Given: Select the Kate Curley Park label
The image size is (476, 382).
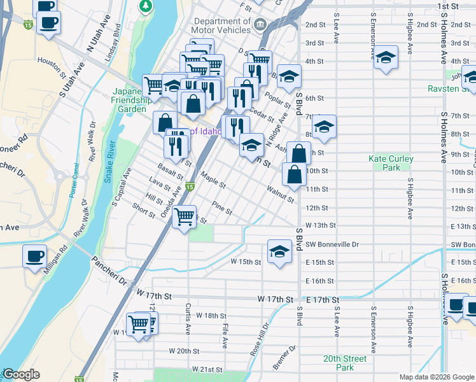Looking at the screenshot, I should click(x=391, y=163).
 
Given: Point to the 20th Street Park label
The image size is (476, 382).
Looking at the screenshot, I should click(x=344, y=363).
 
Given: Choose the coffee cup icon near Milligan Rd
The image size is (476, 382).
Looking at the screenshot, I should click(x=34, y=257).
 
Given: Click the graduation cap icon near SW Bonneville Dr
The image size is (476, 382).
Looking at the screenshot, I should click(x=279, y=252).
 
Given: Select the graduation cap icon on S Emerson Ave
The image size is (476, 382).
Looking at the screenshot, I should click(x=386, y=58).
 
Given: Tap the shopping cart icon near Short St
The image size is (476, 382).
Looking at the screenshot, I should click(x=185, y=217).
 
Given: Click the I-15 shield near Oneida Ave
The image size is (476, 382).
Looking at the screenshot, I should click(x=190, y=187).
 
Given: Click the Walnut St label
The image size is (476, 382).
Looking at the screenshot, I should click(x=280, y=194).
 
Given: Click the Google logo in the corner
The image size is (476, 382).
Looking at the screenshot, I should click(x=21, y=374).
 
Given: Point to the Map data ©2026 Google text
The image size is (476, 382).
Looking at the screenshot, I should click(x=437, y=377).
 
